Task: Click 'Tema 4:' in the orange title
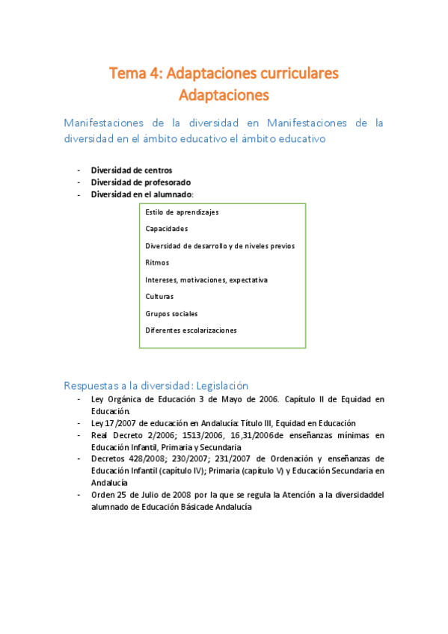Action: click(135, 73)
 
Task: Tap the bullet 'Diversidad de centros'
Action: click(131, 170)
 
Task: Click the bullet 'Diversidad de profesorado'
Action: click(141, 182)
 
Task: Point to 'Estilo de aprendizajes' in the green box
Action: click(182, 212)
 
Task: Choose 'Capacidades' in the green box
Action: click(167, 229)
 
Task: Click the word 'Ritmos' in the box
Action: click(157, 262)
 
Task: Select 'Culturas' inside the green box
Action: click(160, 296)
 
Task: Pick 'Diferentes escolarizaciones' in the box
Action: click(191, 330)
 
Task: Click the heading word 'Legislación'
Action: click(220, 386)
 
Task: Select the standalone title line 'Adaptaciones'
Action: click(224, 95)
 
